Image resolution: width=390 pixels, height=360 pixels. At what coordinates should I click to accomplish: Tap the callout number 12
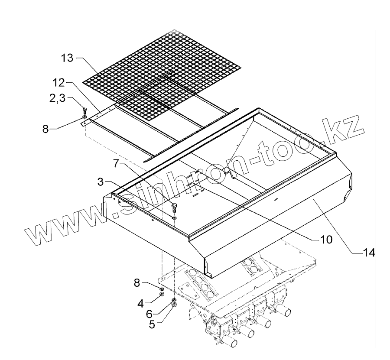pyautogui.click(x=59, y=82)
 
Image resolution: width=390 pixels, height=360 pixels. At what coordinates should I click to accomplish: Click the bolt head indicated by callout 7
pyautogui.click(x=175, y=201)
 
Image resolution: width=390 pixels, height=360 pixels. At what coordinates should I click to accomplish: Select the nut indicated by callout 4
pyautogui.click(x=161, y=294)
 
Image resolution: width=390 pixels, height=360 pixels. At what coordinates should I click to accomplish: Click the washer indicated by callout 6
pyautogui.click(x=174, y=300)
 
